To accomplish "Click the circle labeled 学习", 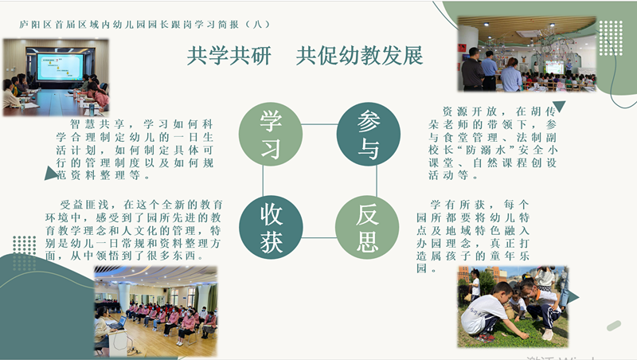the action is pyautogui.click(x=271, y=134).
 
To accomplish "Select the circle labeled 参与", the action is pyautogui.click(x=369, y=134).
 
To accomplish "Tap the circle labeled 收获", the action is pyautogui.click(x=271, y=227).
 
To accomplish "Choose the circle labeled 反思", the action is pyautogui.click(x=367, y=227).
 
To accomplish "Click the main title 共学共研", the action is pyautogui.click(x=229, y=56).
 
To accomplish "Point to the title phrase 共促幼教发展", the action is pyautogui.click(x=360, y=56).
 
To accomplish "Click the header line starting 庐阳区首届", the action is pyautogui.click(x=145, y=25).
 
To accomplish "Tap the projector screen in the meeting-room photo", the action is pyautogui.click(x=61, y=66).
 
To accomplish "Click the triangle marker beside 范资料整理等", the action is pyautogui.click(x=50, y=174).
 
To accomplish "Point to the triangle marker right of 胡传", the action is pyautogui.click(x=559, y=106).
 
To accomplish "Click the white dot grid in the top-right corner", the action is pyautogui.click(x=611, y=38).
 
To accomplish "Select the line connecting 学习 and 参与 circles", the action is pyautogui.click(x=320, y=124).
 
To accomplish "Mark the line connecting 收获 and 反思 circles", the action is pyautogui.click(x=319, y=237).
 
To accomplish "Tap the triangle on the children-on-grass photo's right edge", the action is pyautogui.click(x=573, y=297).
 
